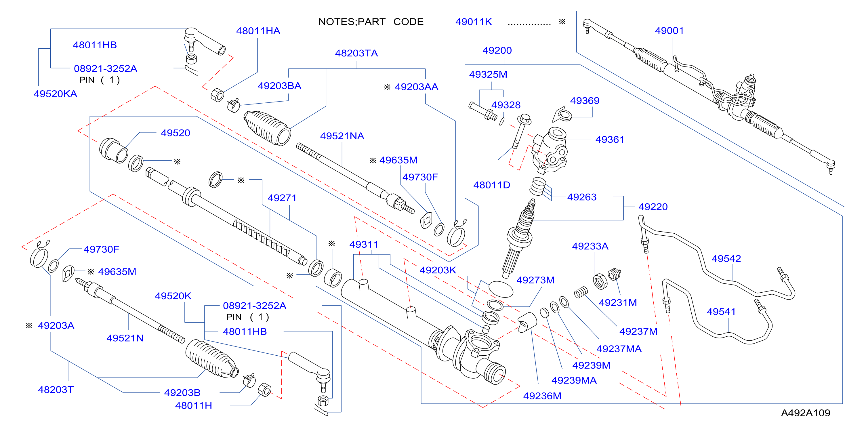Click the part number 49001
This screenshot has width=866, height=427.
[669, 30]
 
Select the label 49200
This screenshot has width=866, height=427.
[497, 50]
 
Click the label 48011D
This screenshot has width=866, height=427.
[491, 185]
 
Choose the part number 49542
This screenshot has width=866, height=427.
[726, 259]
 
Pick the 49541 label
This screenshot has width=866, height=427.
[721, 312]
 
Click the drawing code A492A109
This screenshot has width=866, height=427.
[806, 413]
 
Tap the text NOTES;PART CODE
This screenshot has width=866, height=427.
[371, 22]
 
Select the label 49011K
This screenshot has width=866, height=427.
[473, 22]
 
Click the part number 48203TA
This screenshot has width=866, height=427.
[356, 53]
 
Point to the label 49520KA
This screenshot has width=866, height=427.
[56, 94]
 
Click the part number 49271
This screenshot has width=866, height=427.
[282, 198]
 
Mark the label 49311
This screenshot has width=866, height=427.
[363, 245]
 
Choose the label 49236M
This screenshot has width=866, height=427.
[542, 396]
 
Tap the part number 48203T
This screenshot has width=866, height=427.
[56, 390]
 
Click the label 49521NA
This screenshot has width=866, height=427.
[342, 136]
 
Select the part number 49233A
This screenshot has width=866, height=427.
[590, 246]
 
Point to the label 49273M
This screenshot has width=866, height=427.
[535, 280]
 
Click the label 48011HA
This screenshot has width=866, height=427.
[258, 31]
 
